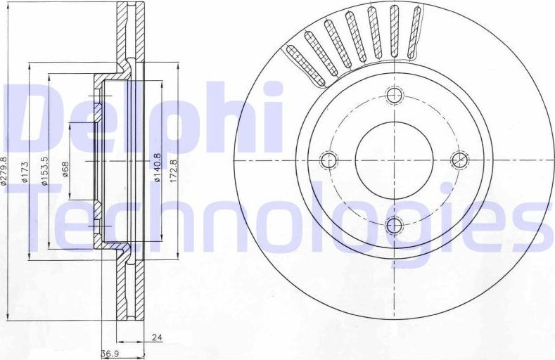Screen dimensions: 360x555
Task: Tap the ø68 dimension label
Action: point(65,170)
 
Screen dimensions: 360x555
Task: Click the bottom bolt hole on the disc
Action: point(394,225)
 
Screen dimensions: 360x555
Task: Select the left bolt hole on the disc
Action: point(328,160)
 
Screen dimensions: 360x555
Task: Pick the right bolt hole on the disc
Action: point(459,160)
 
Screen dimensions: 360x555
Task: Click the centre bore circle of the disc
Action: point(394,160)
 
